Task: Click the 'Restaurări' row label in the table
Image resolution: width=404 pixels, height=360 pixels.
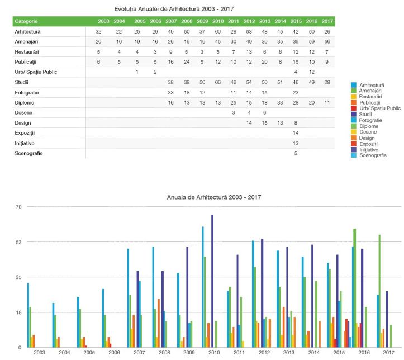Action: pos(27,51)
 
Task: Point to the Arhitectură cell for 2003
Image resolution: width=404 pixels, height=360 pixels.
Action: pos(98,31)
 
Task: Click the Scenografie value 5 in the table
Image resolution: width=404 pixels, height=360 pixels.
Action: pos(296,153)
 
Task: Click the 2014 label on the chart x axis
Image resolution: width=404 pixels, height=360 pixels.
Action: pos(313,353)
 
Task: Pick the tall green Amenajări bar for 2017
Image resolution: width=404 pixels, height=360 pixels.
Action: pos(380,291)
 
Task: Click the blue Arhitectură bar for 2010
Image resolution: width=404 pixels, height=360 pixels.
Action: pos(203,286)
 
